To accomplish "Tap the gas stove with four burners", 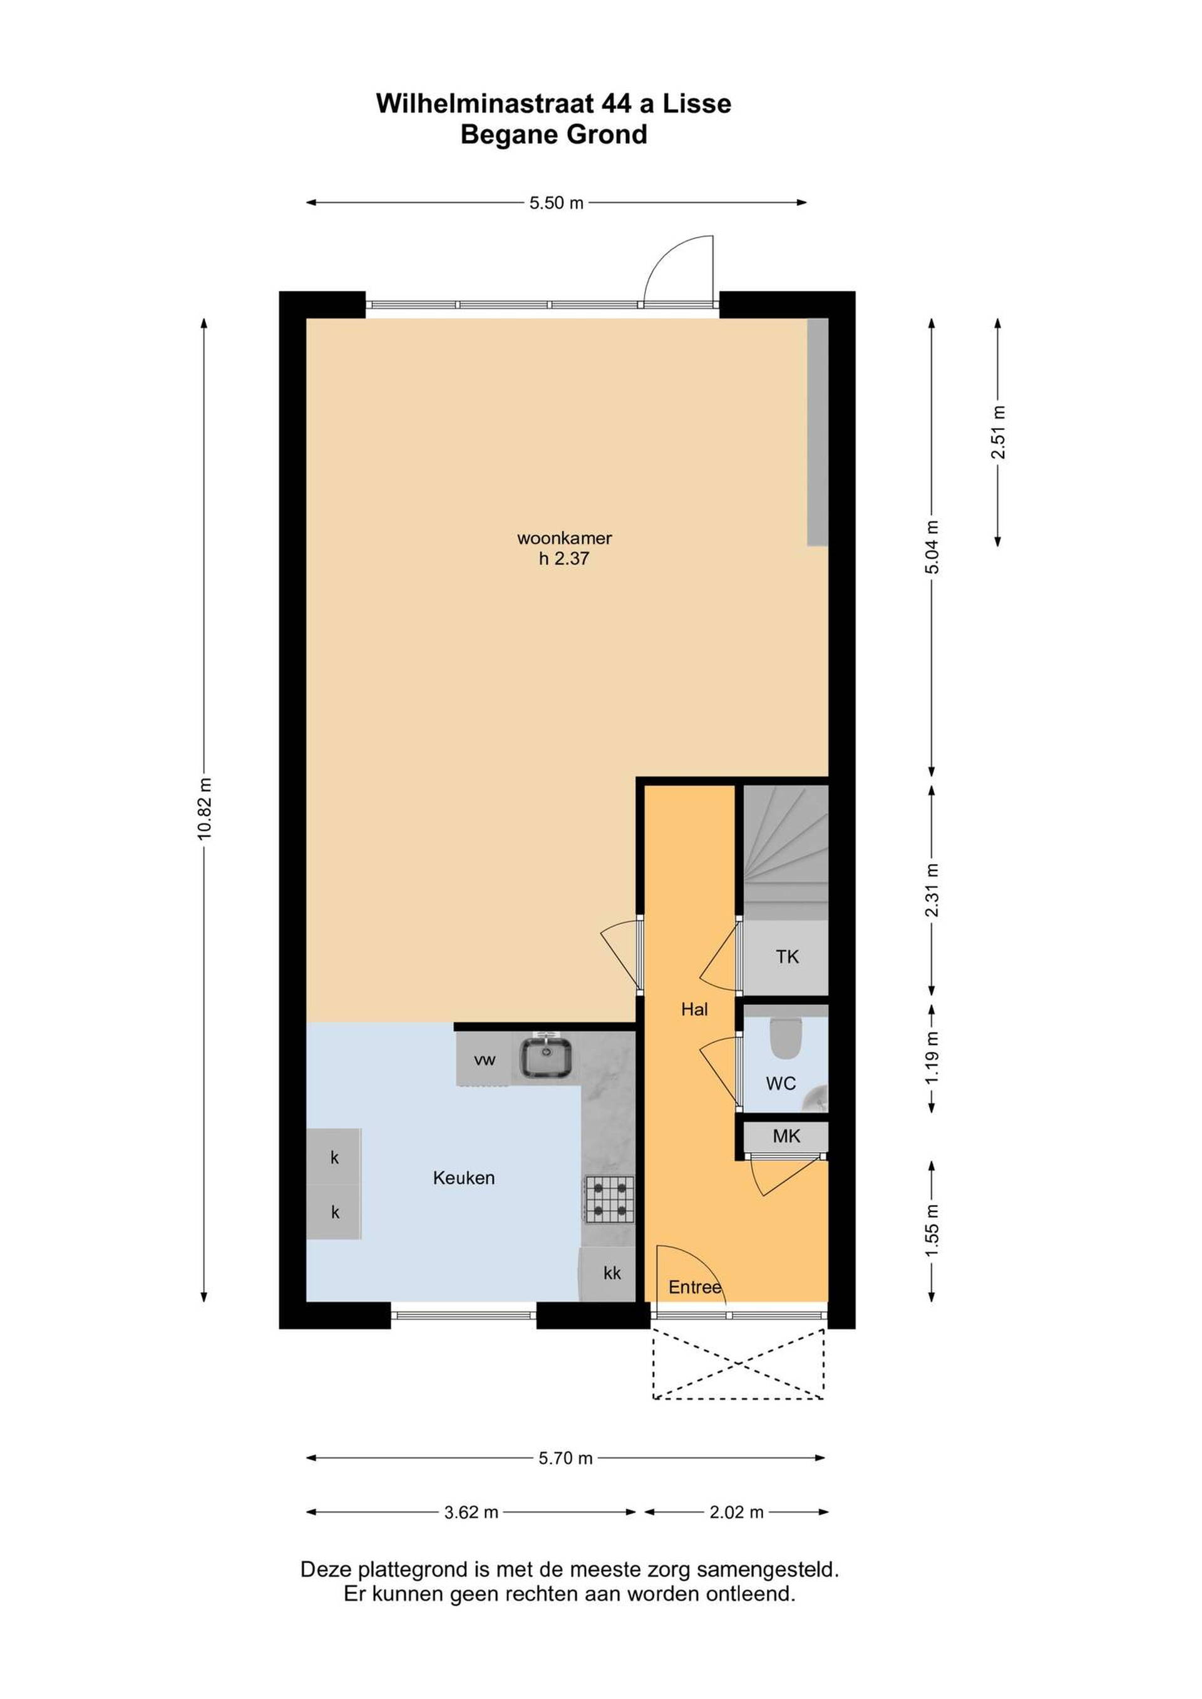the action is (610, 1200).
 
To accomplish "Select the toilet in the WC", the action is (785, 1039).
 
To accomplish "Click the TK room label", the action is (787, 957).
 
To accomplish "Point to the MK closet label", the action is (786, 1136).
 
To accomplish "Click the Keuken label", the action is (463, 1177).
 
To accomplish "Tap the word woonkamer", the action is (564, 538).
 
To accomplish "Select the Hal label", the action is (694, 1009).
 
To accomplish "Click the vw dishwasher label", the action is (485, 1059).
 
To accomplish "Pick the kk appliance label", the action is (612, 1273).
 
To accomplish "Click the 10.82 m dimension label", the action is (204, 808).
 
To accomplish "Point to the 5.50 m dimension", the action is (557, 203).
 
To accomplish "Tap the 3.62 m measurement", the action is (471, 1512).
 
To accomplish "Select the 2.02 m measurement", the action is (736, 1512).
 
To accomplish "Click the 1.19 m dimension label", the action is (932, 1058).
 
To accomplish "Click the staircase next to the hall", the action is (785, 852).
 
